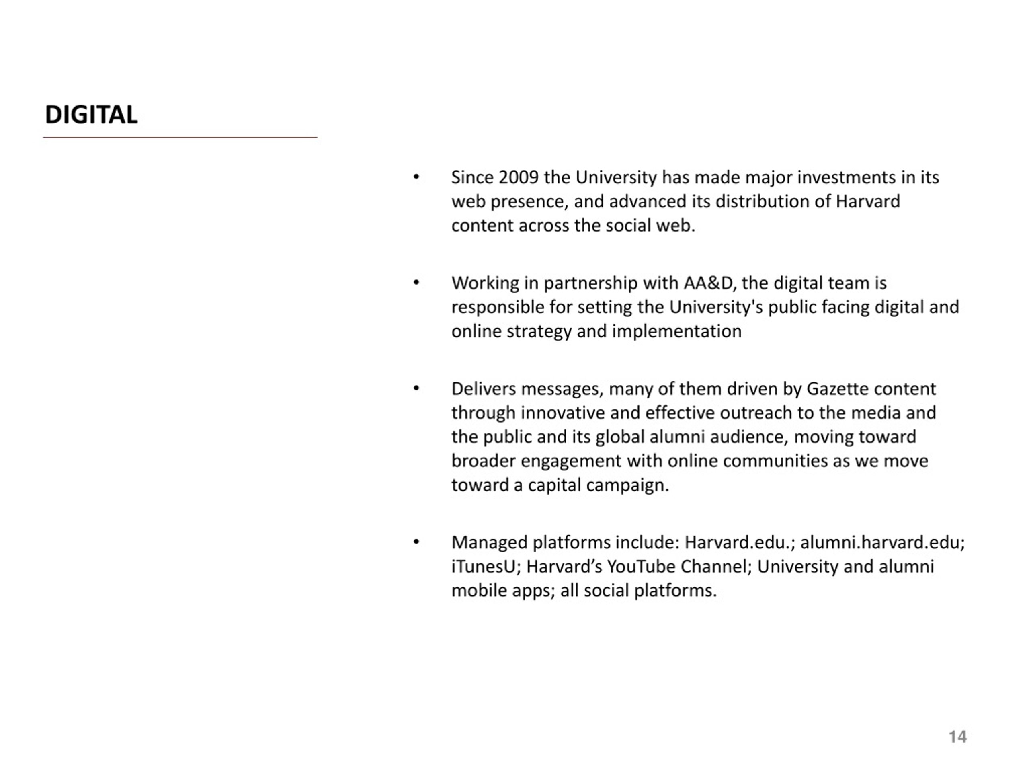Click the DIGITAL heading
coord(91,115)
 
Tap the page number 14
coord(957,737)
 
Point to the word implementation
coord(676,331)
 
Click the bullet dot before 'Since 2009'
coord(416,177)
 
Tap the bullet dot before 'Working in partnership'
coord(416,283)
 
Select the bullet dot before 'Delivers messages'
coord(416,388)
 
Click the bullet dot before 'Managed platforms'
coord(416,542)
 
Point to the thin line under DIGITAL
coord(180,137)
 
